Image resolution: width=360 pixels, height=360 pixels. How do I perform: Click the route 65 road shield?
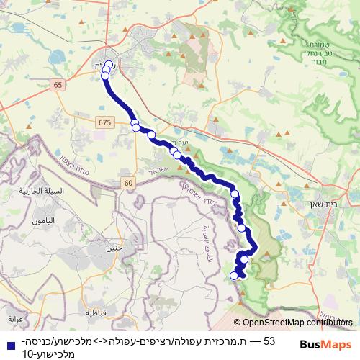(x=58, y=85)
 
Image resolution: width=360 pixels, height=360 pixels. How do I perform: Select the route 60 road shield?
(x=128, y=183)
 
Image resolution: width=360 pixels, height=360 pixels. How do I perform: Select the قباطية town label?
(x=96, y=314)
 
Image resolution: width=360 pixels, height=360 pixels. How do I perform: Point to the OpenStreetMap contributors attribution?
(x=294, y=324)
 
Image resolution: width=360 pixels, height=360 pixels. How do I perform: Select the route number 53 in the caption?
(x=270, y=340)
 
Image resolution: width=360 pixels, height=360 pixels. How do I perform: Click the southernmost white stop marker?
(x=233, y=275)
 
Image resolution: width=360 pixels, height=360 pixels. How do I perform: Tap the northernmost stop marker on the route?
(x=109, y=65)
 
